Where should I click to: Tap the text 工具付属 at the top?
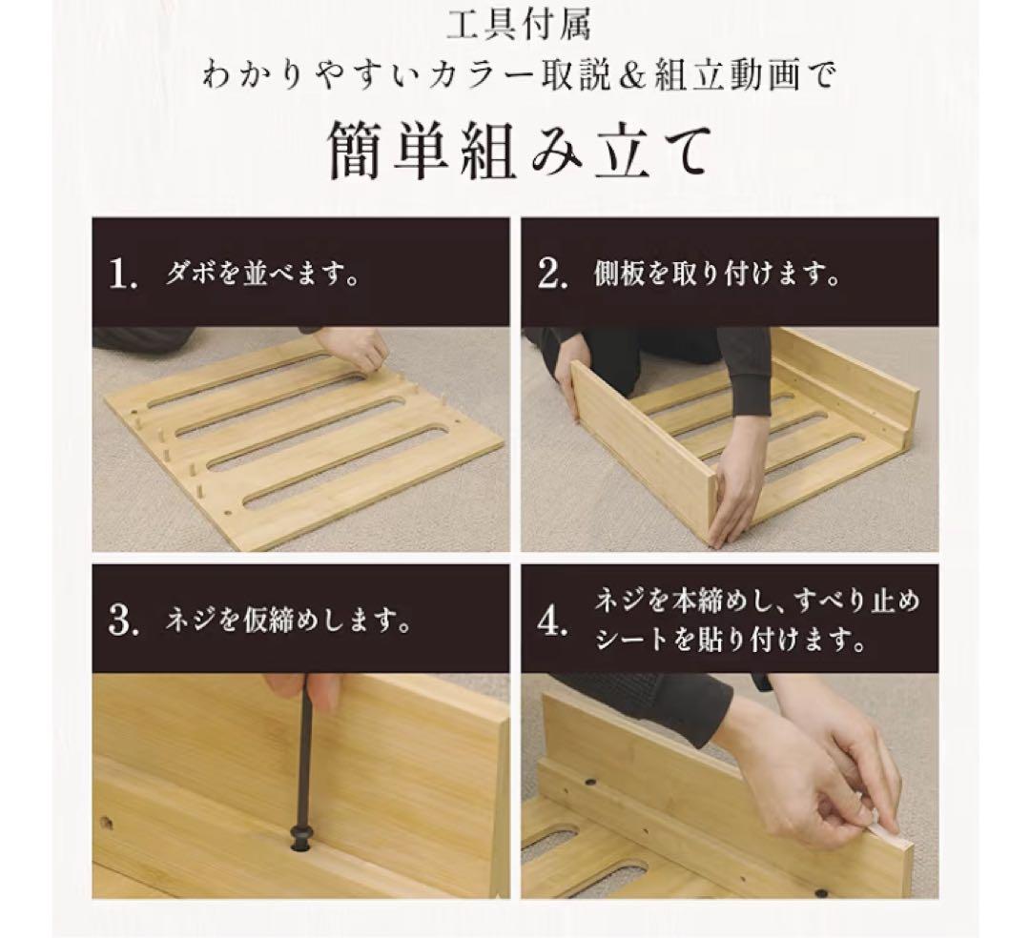click(x=520, y=25)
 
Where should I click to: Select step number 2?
click(x=553, y=275)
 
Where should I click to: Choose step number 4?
click(x=553, y=622)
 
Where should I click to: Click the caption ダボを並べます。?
click(x=262, y=275)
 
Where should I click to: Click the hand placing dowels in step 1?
click(x=355, y=349)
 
